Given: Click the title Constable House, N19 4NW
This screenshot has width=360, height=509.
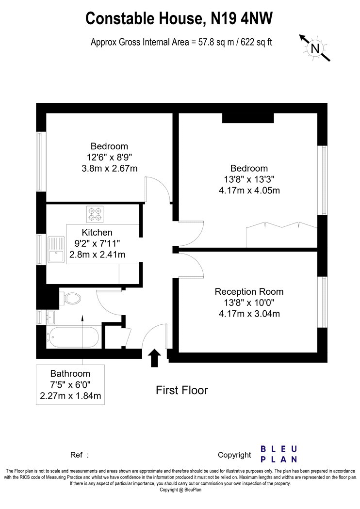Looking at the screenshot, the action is pos(179,18).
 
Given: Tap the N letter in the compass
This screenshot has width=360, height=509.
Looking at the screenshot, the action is pos(315,48).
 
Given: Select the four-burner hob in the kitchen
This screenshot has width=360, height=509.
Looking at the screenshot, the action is pos(95,214).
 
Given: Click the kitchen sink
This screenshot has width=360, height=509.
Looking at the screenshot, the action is pos(56,249).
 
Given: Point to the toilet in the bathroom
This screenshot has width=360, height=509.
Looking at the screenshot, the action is pos(70,298).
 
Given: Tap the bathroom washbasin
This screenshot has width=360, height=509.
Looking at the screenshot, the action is pos(50,317).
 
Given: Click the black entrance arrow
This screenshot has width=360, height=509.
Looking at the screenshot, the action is pos(154,358).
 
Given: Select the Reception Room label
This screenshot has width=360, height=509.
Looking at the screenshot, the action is pos(249,291).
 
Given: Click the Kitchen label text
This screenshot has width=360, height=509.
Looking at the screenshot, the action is pos(97,232).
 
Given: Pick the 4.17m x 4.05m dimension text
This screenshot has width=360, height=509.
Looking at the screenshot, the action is pos(249,190).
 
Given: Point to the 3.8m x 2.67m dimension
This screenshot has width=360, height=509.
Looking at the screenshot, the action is pos(109,168).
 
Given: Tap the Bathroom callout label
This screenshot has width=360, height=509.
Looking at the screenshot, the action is pos(70,385).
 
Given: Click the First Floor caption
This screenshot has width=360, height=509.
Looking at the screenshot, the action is pos(181,390).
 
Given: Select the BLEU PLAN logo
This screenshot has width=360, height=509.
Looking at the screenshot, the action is pos(279,454).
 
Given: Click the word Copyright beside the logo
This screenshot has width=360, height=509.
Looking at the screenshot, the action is pos(234,455).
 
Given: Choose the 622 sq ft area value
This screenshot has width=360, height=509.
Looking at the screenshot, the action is pos(256,42).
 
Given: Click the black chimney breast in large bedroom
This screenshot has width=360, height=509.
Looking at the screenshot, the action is pos(248,118).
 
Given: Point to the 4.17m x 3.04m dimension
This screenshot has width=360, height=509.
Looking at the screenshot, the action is pos(249,314).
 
